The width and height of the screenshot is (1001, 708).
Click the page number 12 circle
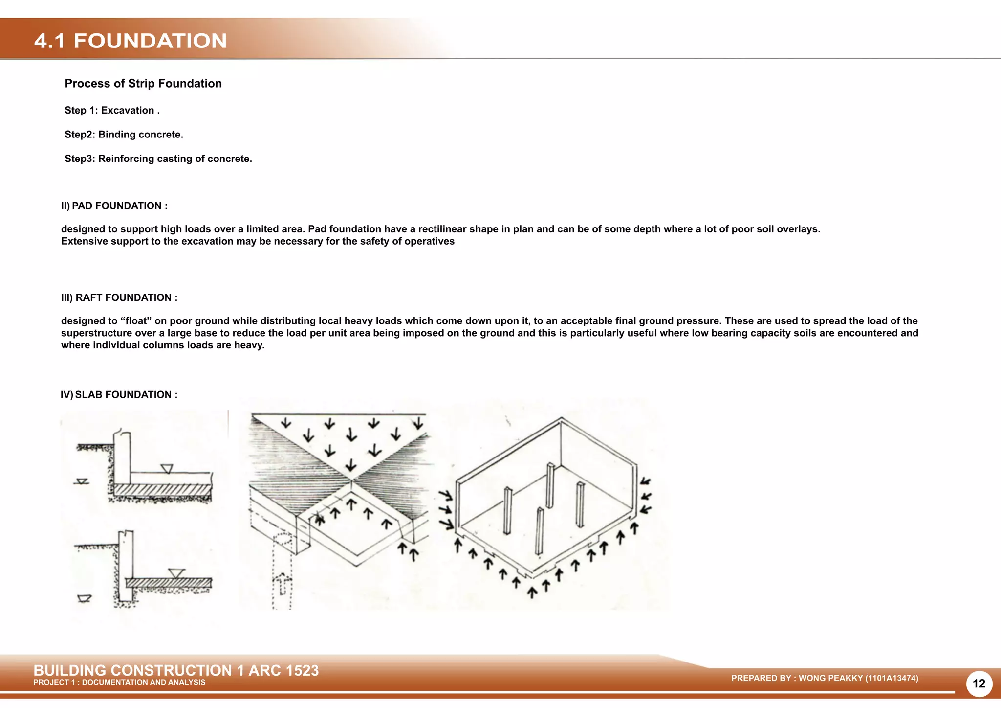(x=979, y=684)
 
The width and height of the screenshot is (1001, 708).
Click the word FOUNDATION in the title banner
(x=150, y=41)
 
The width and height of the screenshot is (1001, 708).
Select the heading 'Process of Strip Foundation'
(x=143, y=84)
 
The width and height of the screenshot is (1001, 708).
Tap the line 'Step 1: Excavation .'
(x=112, y=111)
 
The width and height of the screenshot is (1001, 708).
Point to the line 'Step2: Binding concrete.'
(x=124, y=135)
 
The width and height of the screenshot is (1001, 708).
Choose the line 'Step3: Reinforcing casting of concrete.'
(x=158, y=159)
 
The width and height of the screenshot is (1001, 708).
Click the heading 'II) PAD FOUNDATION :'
(x=114, y=206)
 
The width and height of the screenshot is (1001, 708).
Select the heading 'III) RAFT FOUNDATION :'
(x=119, y=298)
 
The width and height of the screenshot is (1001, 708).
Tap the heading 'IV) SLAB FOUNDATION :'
(x=119, y=395)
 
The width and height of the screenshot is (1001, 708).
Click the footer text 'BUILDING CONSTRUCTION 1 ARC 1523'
(x=176, y=670)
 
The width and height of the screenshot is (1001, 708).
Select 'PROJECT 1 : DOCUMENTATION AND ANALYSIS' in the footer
(x=119, y=683)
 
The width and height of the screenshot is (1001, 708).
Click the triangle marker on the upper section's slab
(x=167, y=469)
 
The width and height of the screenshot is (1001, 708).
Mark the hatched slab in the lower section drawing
(x=169, y=583)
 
